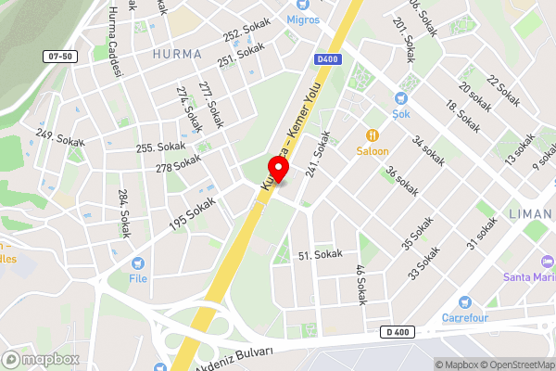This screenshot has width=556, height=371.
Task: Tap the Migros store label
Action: click(301, 19)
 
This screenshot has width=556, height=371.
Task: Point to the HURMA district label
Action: click(176, 55)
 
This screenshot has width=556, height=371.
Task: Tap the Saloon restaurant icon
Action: click(373, 134)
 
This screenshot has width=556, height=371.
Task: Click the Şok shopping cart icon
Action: click(401, 97)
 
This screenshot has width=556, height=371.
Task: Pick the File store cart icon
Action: click(138, 263)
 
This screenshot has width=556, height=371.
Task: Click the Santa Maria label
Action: click(529, 276)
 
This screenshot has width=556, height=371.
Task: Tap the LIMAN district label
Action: click(531, 214)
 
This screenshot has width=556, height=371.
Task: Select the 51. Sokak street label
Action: click(320, 254)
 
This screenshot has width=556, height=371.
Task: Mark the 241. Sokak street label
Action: click(318, 154)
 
